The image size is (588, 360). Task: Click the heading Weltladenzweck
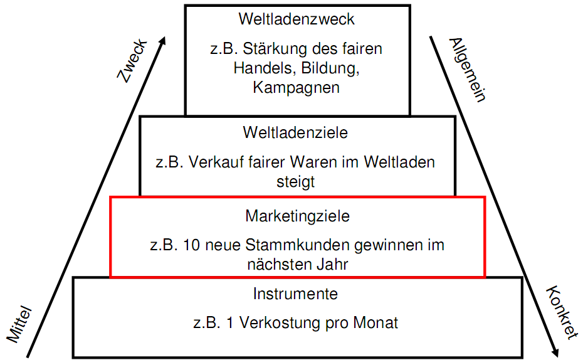(x=297, y=19)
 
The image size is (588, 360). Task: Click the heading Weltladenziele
(x=295, y=133)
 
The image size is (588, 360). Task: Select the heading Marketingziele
(x=297, y=216)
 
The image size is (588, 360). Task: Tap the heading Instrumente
(x=295, y=294)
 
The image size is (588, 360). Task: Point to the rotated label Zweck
(x=133, y=60)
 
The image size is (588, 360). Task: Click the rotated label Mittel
(x=19, y=325)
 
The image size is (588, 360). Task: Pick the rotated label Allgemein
(x=468, y=70)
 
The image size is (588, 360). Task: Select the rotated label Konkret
(x=562, y=312)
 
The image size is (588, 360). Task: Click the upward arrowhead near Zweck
(x=162, y=41)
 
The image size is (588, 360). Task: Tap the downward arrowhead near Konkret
(x=555, y=352)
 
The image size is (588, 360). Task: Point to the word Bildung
(x=330, y=68)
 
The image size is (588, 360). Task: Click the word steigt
(x=295, y=183)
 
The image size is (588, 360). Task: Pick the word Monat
(x=375, y=323)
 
